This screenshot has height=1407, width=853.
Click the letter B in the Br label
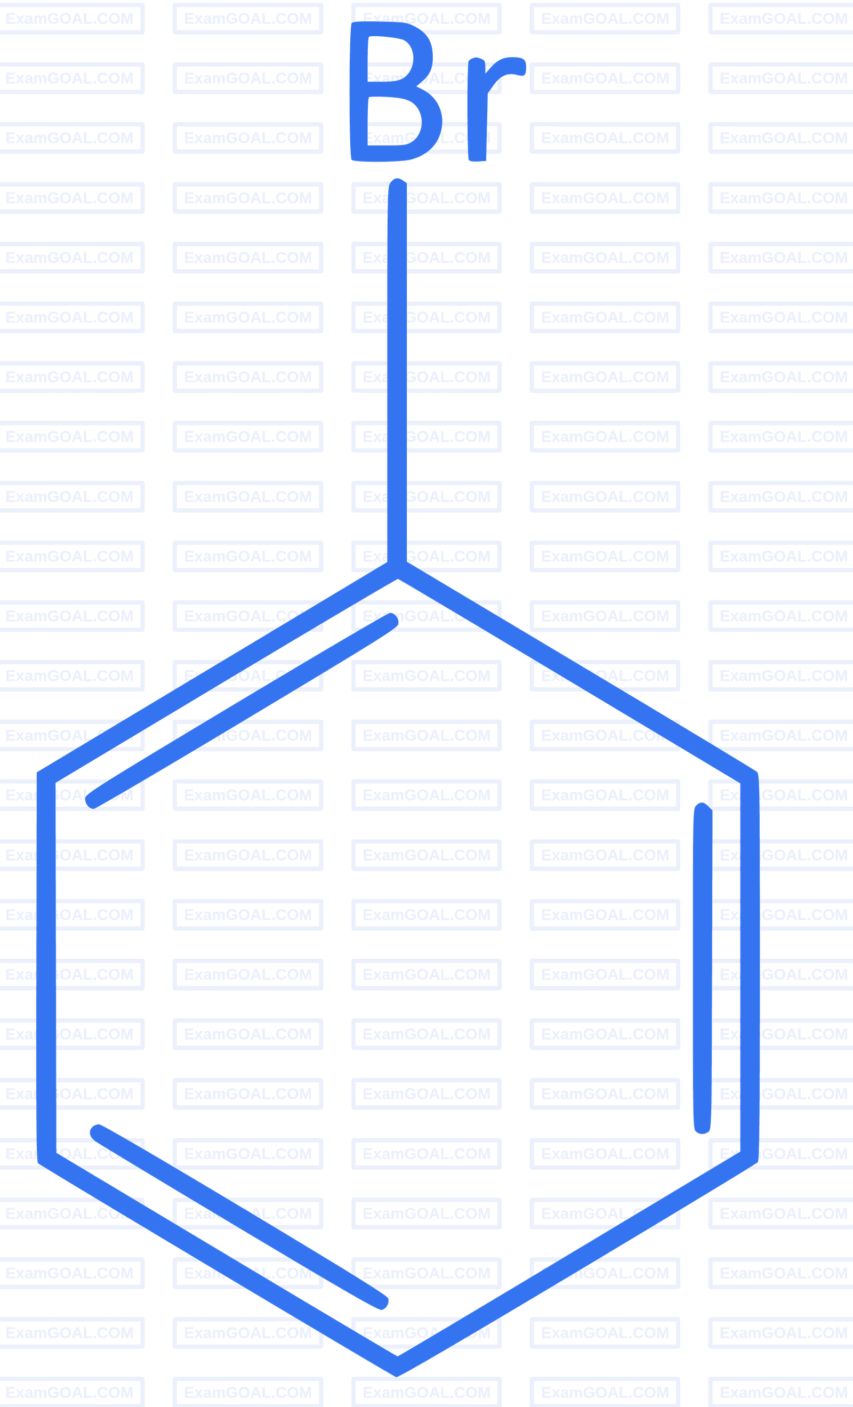tap(395, 91)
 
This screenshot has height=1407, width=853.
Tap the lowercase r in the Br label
tap(496, 108)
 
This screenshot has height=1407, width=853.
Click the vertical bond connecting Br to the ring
tap(397, 371)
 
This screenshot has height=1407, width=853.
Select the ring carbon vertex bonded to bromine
tap(397, 570)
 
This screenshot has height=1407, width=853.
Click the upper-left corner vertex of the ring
tap(46, 777)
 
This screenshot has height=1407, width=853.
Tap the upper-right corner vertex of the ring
tap(750, 777)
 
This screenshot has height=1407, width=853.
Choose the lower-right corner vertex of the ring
tap(749, 1157)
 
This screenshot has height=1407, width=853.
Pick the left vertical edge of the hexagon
tap(46, 967)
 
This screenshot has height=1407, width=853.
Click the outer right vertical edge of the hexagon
tap(750, 967)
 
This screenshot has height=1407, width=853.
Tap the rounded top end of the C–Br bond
tap(397, 182)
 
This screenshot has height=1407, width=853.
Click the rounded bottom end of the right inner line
tap(702, 1129)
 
